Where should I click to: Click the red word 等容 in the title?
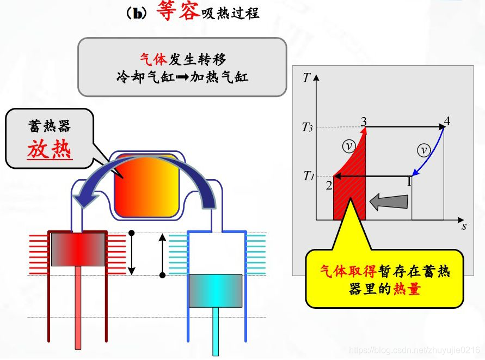coord(177,11)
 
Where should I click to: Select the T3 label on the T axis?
coord(308,128)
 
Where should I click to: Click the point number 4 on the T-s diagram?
coord(447,120)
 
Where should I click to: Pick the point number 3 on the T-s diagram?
coord(363,120)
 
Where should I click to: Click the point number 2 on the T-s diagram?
coord(329,186)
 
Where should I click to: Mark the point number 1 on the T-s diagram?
coord(409,182)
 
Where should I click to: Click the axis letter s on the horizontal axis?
coord(464,225)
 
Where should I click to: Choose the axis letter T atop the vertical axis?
coord(306,77)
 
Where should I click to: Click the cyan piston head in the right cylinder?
coord(216,290)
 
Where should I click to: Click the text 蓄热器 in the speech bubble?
coord(49,127)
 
